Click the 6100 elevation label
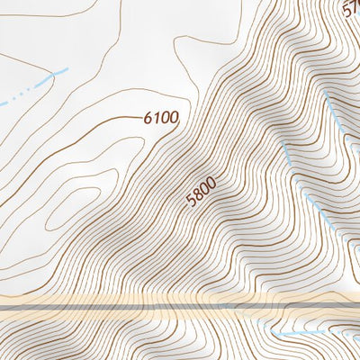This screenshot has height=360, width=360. (x=161, y=117)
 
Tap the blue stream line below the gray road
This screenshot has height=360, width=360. (x=306, y=333)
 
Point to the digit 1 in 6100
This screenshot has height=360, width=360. (x=157, y=116)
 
